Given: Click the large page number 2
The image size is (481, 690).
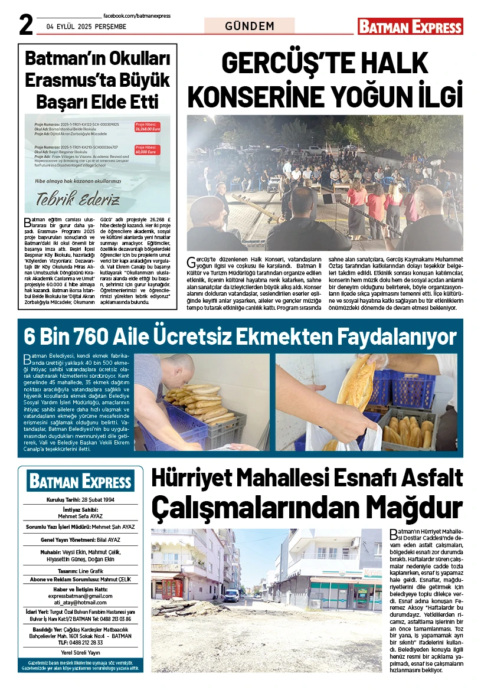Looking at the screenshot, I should point(25,26).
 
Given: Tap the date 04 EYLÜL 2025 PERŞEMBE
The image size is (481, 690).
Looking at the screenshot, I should point(87,27).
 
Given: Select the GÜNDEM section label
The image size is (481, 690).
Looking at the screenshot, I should point(250,26).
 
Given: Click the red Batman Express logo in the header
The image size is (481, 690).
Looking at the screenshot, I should point(410,27).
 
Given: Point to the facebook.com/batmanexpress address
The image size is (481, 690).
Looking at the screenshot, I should point(136,16).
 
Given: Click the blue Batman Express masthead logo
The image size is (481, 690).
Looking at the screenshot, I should point(80,482).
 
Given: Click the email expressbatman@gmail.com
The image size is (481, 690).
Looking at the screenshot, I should point(80,596).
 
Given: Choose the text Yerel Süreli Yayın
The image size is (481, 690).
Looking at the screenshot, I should point(80,653).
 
